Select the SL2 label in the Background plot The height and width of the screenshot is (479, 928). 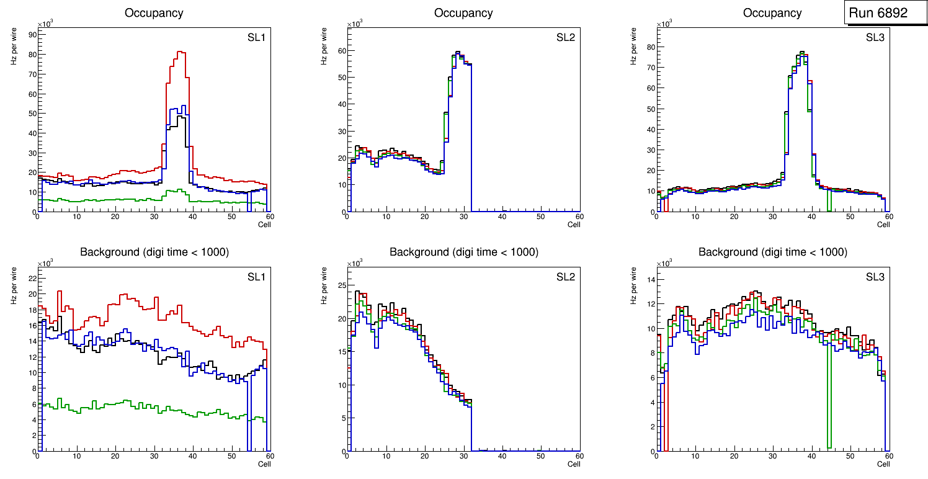566,277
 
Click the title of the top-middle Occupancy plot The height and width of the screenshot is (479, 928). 463,13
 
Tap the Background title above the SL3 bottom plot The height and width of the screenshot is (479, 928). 772,253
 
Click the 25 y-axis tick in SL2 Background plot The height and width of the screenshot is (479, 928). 340,285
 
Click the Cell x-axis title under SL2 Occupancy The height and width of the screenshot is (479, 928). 573,225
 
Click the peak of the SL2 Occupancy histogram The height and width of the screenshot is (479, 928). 458,52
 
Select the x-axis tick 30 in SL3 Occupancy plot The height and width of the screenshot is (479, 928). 773,217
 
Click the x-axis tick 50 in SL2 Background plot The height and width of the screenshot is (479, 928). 541,456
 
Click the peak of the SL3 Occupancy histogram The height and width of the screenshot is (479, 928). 801,52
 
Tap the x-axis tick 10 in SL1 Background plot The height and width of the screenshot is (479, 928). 76,456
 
